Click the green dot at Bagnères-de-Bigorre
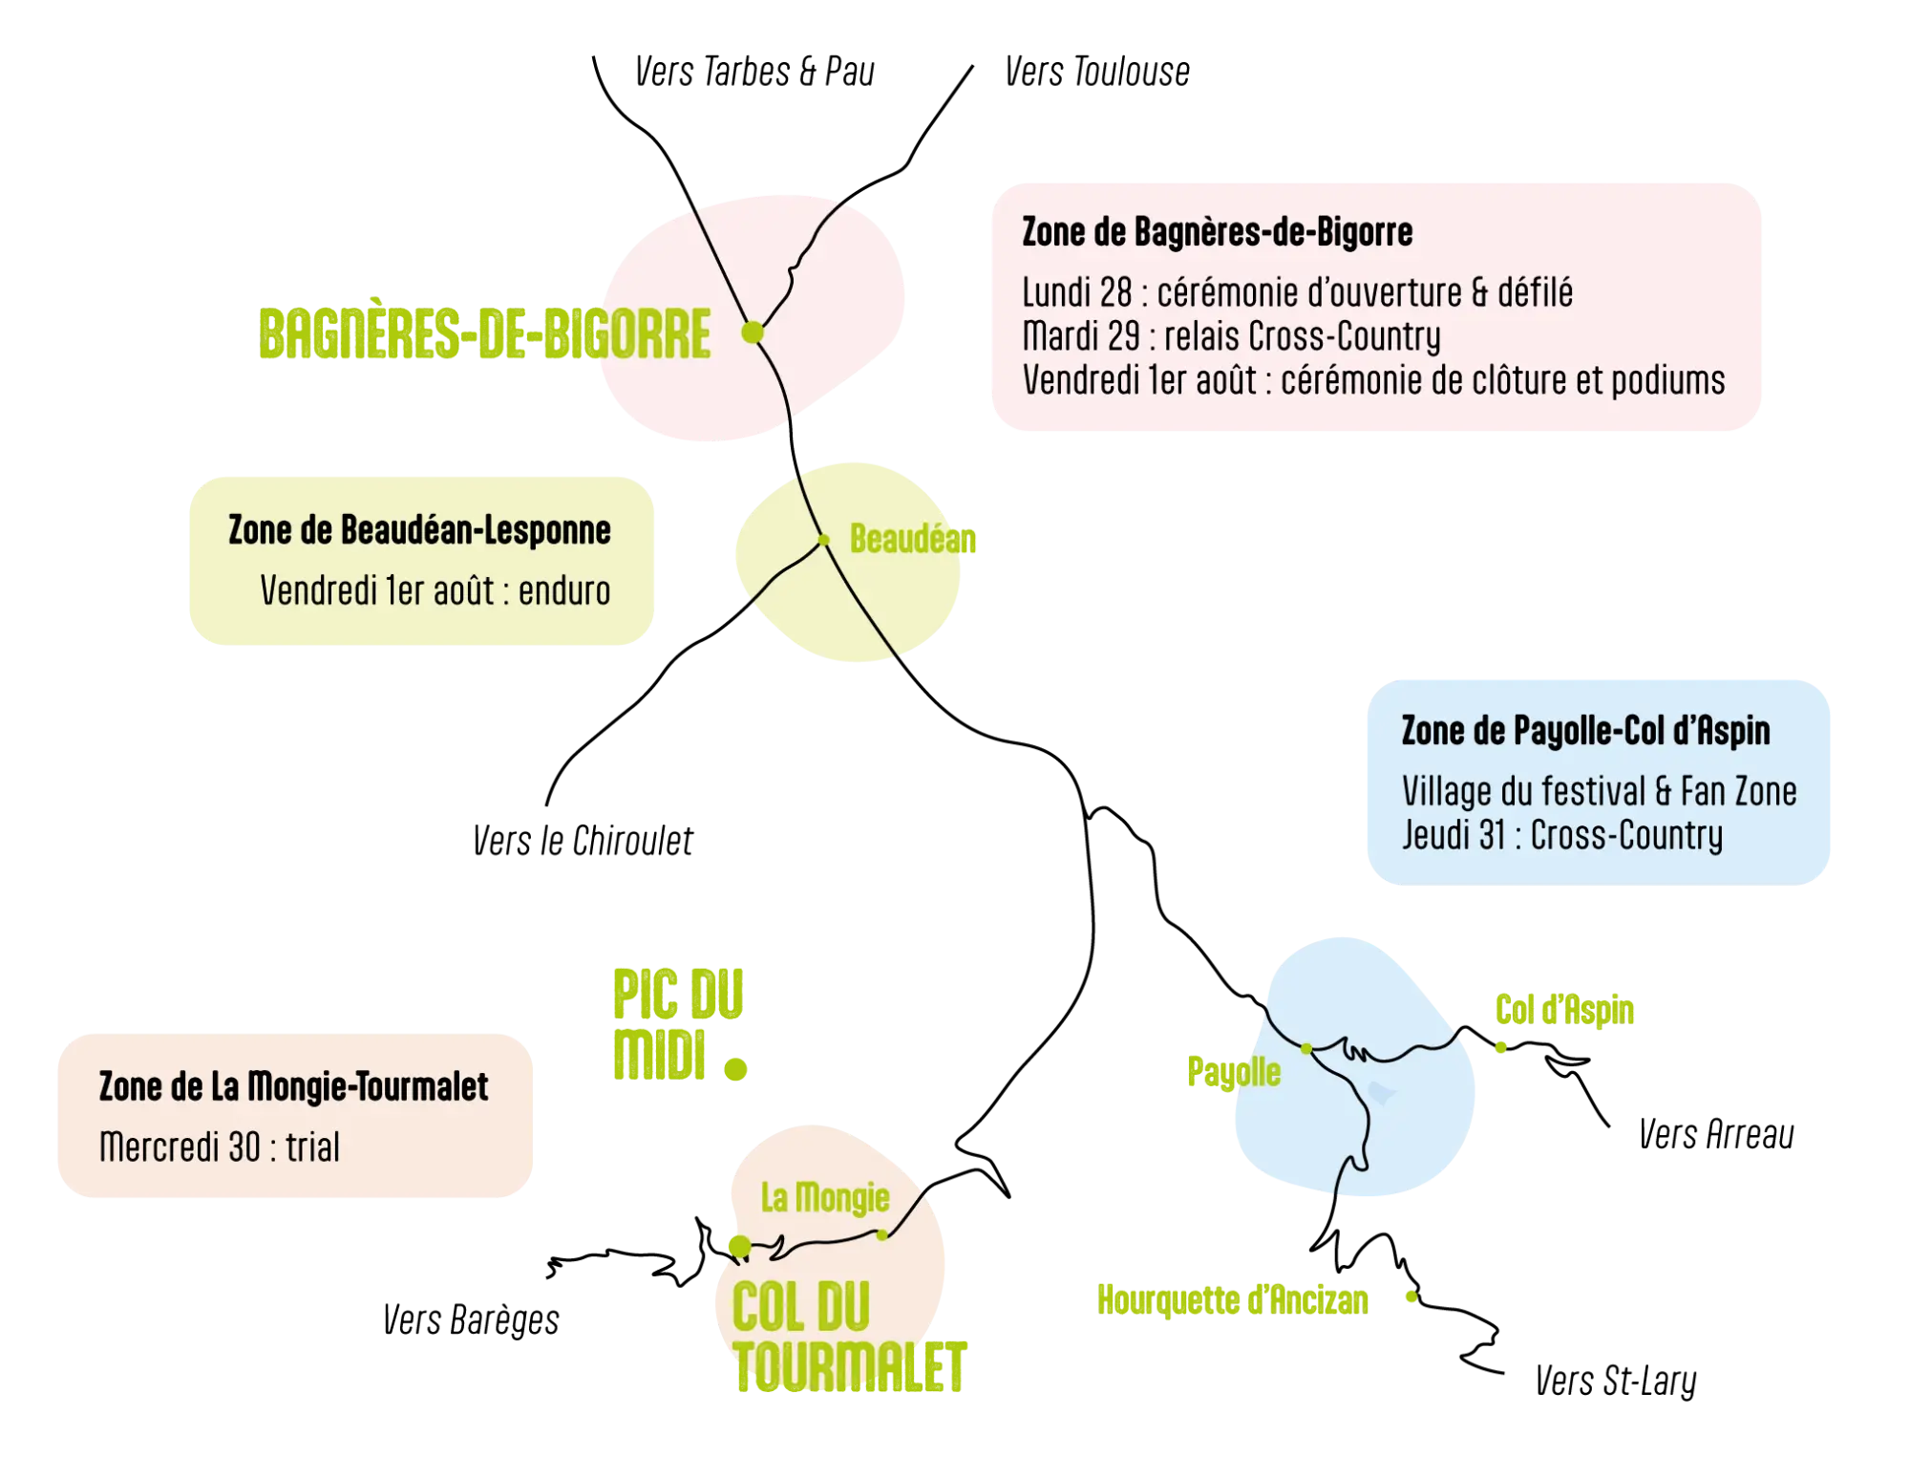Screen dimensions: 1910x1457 tap(753, 332)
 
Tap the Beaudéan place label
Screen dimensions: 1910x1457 tap(912, 539)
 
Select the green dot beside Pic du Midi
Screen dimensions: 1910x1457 tap(735, 1069)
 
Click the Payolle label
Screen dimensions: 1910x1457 tap(1234, 1072)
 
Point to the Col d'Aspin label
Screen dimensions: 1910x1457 tap(1564, 1010)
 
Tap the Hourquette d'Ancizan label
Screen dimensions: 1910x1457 tap(1232, 1299)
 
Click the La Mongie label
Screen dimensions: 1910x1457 tap(825, 1197)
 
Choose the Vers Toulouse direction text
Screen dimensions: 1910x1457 tap(1097, 72)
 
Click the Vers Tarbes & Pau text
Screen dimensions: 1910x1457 tap(754, 72)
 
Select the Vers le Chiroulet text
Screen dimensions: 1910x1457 tap(583, 841)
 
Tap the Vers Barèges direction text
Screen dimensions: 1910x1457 tap(471, 1320)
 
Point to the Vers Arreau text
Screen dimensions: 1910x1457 tap(1716, 1134)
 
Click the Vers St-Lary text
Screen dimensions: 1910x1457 tap(1616, 1382)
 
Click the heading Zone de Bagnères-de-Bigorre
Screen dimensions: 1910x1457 tap(1218, 232)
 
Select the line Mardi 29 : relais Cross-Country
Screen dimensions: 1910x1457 tap(1232, 336)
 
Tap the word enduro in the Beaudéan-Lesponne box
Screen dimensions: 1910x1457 tap(564, 591)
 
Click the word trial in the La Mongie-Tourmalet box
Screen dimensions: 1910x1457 tap(312, 1146)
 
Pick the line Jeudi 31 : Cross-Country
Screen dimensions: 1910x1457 tap(1562, 835)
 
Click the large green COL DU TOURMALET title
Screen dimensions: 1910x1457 tap(849, 1337)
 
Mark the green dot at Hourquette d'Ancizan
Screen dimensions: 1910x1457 tap(1411, 1296)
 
